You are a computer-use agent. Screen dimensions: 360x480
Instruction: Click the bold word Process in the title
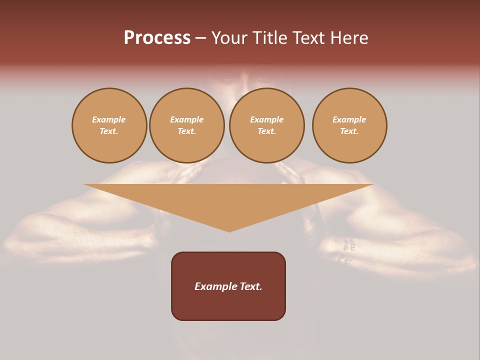pos(157,38)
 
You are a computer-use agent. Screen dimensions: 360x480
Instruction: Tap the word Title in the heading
pos(269,38)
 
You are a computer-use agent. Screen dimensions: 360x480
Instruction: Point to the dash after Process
pos(200,38)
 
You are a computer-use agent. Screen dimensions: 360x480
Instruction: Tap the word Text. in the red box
pos(250,286)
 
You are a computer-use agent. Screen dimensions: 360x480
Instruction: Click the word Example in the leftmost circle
pos(109,119)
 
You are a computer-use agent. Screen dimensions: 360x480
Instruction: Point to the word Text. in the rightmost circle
pos(349,131)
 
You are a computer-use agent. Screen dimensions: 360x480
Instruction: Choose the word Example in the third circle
pos(266,119)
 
